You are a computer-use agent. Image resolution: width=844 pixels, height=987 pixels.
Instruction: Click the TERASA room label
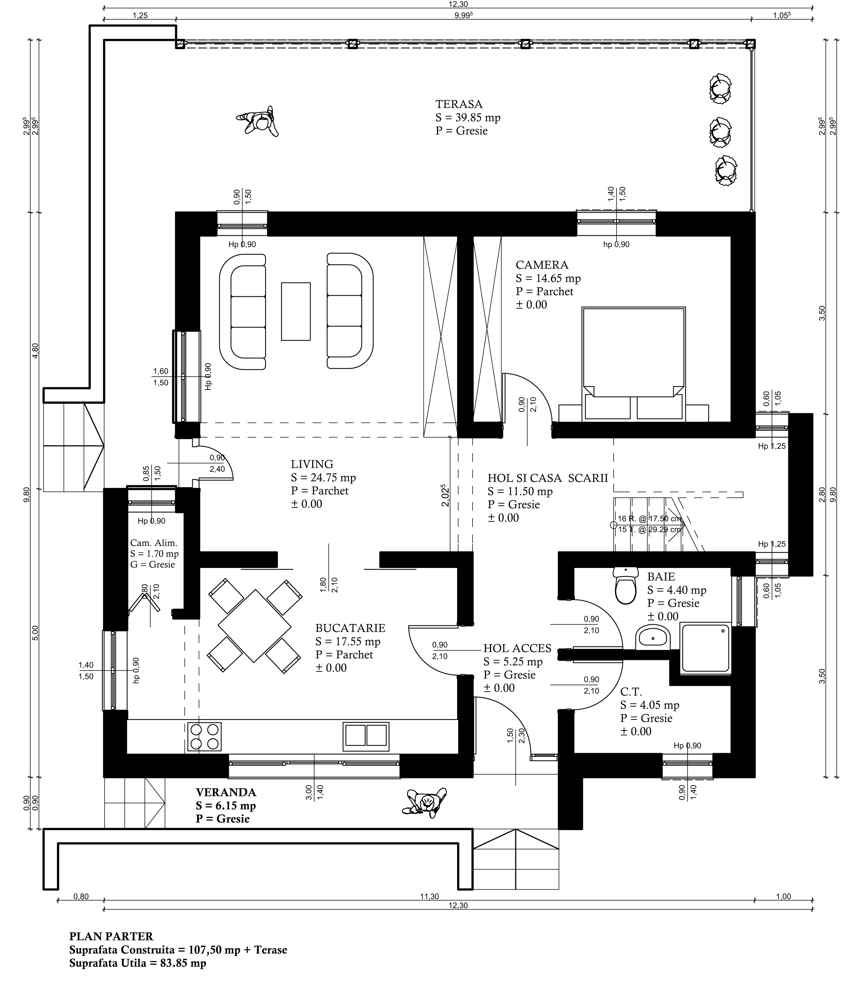tap(459, 104)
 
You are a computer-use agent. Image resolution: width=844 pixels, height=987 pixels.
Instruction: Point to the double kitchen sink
tap(366, 735)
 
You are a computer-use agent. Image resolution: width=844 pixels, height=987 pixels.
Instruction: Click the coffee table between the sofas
tap(295, 311)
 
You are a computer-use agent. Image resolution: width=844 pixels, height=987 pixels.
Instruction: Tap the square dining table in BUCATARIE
tap(255, 626)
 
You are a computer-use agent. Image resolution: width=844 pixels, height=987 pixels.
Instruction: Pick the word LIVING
tap(312, 464)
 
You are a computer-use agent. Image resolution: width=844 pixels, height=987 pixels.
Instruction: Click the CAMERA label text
tap(542, 265)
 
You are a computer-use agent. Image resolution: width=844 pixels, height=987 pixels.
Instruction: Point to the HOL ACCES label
tap(517, 648)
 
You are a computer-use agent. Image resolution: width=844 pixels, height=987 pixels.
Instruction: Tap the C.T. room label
tap(631, 692)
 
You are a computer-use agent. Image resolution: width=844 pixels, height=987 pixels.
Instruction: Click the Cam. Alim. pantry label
tap(153, 543)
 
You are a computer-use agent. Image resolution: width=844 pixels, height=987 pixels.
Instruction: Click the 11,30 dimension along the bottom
tap(429, 897)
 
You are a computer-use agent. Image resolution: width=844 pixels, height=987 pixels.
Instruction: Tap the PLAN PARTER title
tap(112, 936)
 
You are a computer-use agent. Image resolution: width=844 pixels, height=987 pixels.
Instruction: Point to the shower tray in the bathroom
tap(707, 648)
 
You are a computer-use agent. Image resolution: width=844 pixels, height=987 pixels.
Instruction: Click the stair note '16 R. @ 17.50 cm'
tap(649, 519)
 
